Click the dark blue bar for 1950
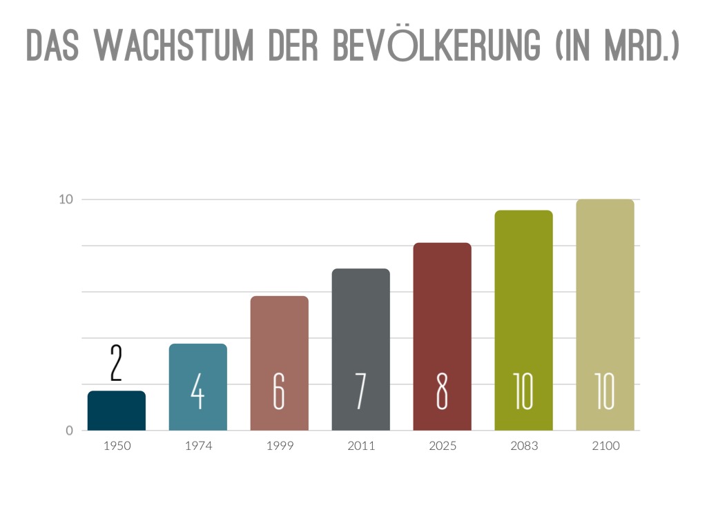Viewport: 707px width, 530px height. coord(116,411)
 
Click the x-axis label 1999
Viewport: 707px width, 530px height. coord(280,446)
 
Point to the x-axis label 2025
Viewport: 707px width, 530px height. coord(443,446)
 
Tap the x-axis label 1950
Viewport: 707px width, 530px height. coord(117,446)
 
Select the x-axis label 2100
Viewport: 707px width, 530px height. coord(606,446)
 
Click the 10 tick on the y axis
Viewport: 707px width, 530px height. coord(66,199)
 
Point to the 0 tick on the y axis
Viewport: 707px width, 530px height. coord(69,431)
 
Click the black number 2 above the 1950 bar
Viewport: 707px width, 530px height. coord(116,364)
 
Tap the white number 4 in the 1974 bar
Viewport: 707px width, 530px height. coord(197,392)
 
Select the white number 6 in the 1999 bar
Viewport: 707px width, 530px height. coord(279,392)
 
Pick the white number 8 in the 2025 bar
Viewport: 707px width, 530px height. coord(442,392)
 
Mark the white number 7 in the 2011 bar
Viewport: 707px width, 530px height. coord(360,392)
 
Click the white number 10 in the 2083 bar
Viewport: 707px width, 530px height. coord(523,392)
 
